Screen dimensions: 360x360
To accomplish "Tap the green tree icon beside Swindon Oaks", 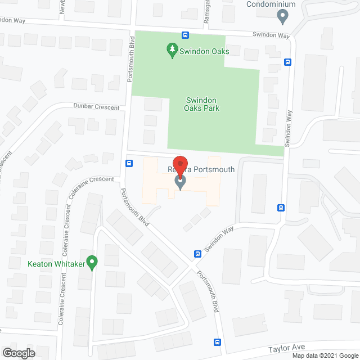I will point(172,51).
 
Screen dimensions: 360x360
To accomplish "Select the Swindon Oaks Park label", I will point(202,105).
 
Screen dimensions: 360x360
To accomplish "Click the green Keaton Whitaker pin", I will point(93,262).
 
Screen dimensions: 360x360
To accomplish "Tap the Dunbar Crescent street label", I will point(96,107).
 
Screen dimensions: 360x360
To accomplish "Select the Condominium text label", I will point(271,4).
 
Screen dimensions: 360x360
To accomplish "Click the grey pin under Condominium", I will point(284,17).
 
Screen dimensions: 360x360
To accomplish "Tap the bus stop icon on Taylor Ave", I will point(217,342).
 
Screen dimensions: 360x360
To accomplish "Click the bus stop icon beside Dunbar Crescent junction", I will point(129,164).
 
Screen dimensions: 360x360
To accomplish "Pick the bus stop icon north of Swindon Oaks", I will point(185,35).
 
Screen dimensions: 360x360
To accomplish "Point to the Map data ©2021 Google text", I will point(325,355).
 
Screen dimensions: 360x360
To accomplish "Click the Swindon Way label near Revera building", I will point(219,240).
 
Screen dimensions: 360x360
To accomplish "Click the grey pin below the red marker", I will point(180,182).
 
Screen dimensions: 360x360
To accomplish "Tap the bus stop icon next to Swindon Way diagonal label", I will point(197,254).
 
